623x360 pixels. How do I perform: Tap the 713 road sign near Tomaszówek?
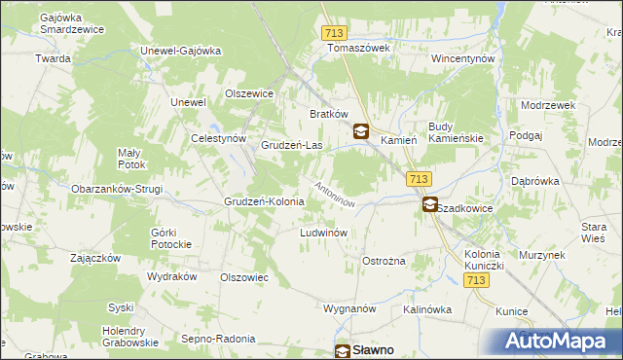coord(334,33)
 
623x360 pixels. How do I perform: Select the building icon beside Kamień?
coord(360,132)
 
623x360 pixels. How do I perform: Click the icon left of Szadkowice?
coord(429,204)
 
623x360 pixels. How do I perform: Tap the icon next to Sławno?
coord(344,351)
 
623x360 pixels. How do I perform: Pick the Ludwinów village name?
coord(324,234)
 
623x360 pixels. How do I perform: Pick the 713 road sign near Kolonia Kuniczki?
coord(476,280)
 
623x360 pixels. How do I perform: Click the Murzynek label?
coord(542,254)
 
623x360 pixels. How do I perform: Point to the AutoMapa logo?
coord(562,342)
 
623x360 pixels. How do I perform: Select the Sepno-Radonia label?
coord(218,339)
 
